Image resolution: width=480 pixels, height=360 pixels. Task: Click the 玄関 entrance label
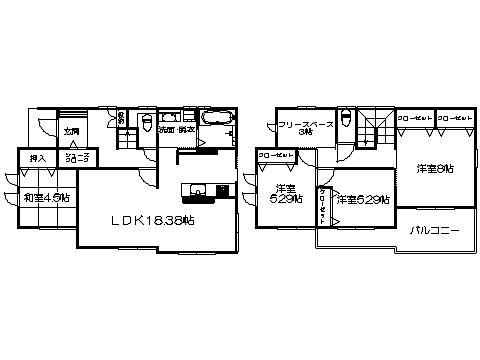71,131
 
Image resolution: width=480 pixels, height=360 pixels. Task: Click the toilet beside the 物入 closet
147,124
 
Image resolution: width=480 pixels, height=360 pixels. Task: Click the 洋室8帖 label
434,169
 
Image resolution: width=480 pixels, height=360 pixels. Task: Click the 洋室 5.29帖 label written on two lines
285,194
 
